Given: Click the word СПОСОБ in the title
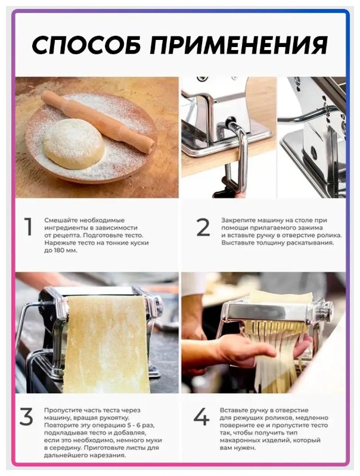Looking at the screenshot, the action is (86, 45).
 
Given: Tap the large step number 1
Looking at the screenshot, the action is (28, 226).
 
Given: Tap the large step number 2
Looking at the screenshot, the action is (203, 227).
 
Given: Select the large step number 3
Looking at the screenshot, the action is (26, 417).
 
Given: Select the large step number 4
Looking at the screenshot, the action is (201, 417).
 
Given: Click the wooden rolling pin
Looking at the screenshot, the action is (98, 122).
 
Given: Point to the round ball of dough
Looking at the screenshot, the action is (73, 144).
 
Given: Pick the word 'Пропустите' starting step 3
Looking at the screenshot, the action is (61, 410).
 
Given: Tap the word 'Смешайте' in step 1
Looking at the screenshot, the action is (59, 220).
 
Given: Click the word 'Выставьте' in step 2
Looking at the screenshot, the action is (237, 243).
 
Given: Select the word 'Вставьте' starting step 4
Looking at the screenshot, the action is (234, 410).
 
